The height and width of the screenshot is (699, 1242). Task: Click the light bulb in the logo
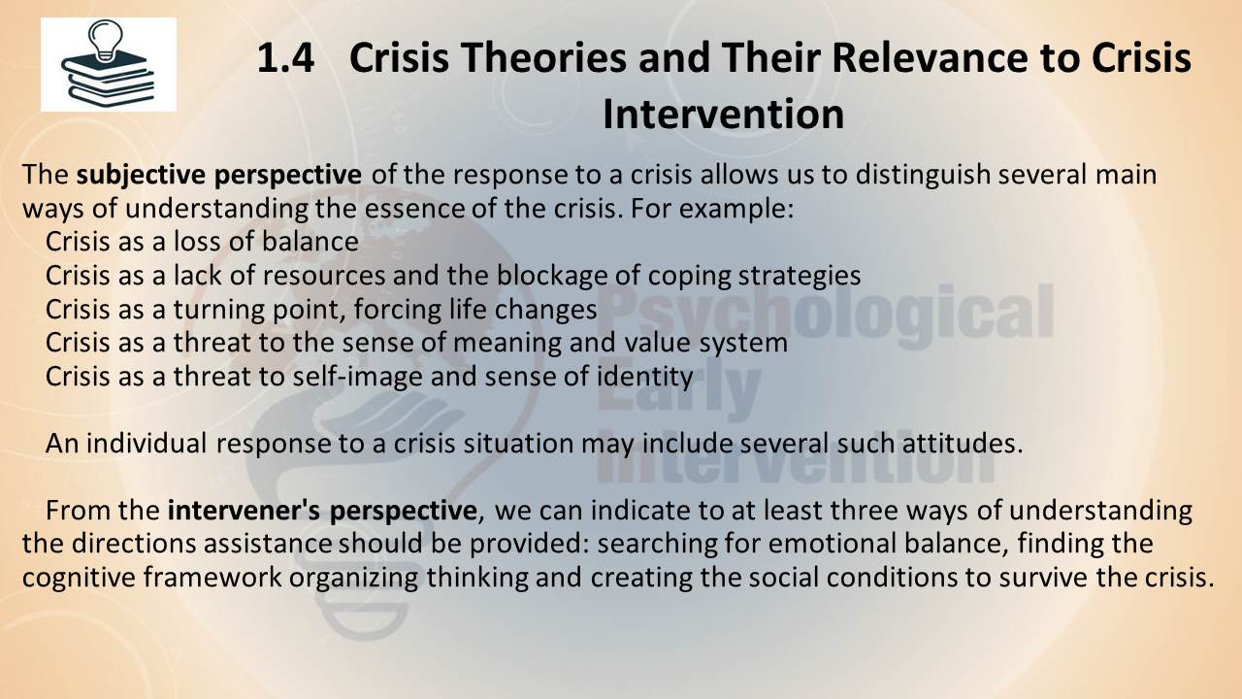[x=105, y=40]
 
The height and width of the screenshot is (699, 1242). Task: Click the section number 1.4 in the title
[x=285, y=57]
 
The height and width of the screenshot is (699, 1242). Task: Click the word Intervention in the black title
[x=723, y=114]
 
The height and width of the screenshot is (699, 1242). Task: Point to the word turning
[x=219, y=310]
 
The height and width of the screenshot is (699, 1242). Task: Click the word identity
[x=644, y=378]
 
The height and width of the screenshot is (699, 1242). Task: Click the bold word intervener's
[x=244, y=511]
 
